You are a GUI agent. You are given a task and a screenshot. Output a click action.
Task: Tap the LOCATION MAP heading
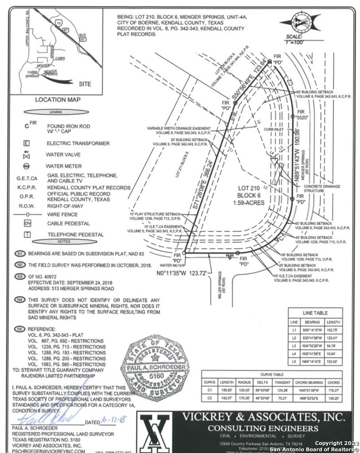[58, 100]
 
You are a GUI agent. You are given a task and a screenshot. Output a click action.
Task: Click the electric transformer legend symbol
[27, 143]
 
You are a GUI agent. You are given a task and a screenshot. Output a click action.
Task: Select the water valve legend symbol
[27, 155]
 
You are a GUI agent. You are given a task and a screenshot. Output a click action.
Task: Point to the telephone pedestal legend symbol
[27, 234]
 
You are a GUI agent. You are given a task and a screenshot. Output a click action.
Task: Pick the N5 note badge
[19, 329]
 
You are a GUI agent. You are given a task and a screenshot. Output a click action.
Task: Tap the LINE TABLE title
[315, 313]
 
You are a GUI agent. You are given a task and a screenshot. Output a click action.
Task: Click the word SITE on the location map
[85, 84]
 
